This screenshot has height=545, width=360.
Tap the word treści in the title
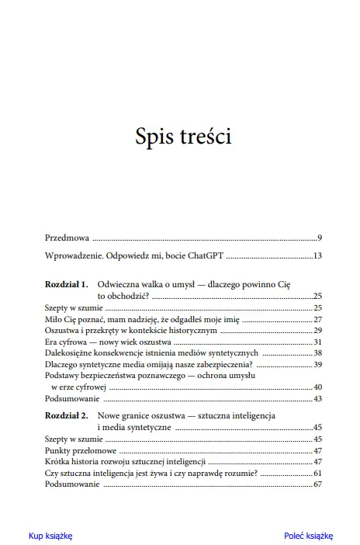[x=204, y=137]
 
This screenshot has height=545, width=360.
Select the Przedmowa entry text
[x=67, y=236]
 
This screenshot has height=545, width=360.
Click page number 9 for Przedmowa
[x=319, y=236]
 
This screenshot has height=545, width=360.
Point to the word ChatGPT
[x=203, y=255]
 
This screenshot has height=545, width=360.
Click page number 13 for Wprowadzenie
[x=317, y=255]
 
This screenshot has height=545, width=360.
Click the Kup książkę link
[x=50, y=536]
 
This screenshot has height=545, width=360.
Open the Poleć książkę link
[x=308, y=536]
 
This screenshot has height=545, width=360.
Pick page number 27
[x=317, y=319]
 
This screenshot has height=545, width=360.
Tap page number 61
[x=317, y=473]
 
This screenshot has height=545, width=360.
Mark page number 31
[x=317, y=342]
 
